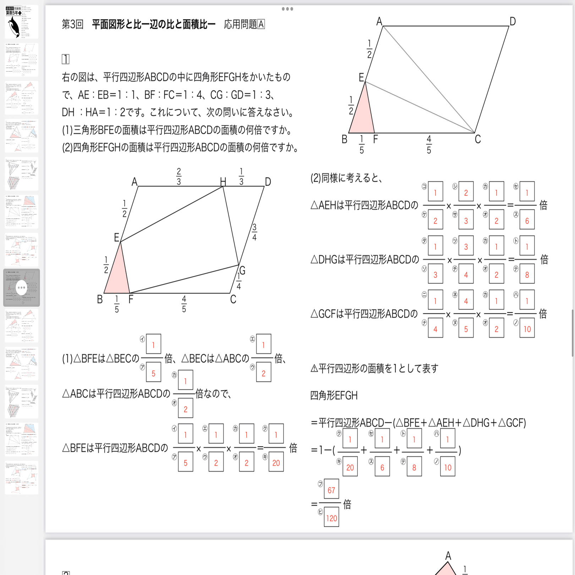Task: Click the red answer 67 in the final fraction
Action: click(x=331, y=490)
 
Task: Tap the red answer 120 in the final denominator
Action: click(x=331, y=518)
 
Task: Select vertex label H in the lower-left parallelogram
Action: click(x=223, y=182)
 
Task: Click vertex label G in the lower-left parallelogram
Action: click(x=242, y=270)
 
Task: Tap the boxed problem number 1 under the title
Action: click(x=65, y=59)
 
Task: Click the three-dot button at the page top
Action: click(x=287, y=9)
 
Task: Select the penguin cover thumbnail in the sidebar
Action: click(x=21, y=22)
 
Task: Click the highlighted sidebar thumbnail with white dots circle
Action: click(x=21, y=287)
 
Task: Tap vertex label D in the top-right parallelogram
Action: click(x=512, y=22)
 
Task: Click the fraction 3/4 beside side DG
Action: click(x=254, y=232)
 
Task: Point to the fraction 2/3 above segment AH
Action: click(x=179, y=176)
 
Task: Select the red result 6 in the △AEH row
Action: click(x=527, y=221)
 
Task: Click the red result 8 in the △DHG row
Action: click(x=527, y=275)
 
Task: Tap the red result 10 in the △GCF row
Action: click(x=527, y=329)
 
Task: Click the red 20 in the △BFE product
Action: click(x=276, y=463)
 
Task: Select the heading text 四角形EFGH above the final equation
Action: click(x=334, y=395)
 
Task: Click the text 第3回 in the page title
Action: click(x=72, y=24)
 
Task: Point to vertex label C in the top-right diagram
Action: click(x=478, y=139)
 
